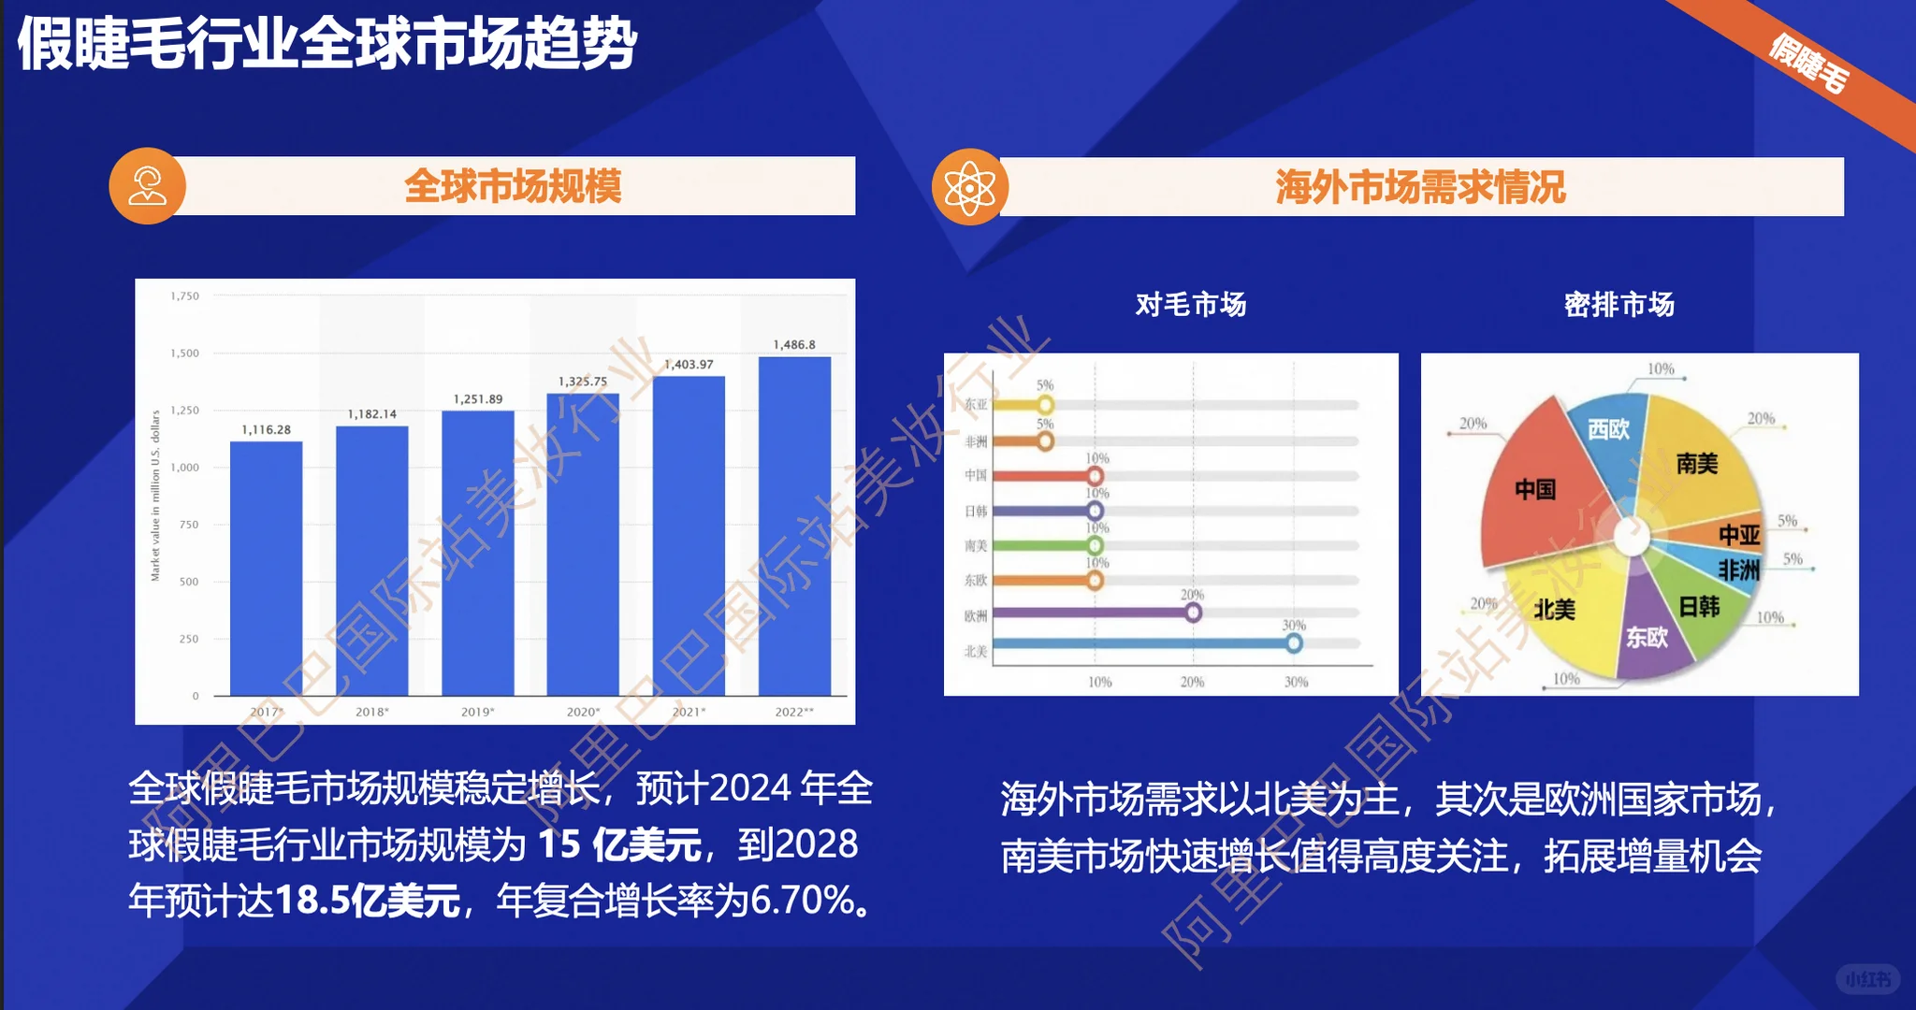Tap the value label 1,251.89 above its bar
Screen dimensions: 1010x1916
[x=478, y=399]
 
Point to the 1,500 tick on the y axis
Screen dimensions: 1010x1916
[x=185, y=353]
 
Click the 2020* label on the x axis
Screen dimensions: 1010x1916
[x=583, y=712]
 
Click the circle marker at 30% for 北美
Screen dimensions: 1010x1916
[x=1294, y=643]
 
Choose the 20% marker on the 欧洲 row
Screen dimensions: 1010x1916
[x=1193, y=613]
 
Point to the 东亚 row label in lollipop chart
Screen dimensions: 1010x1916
[x=976, y=405]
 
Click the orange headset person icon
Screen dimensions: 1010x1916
[x=148, y=186]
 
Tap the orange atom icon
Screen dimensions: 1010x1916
[x=970, y=187]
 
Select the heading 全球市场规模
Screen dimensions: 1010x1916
[x=513, y=186]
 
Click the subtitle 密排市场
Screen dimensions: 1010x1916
[x=1618, y=305]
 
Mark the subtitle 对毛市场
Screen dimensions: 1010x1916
[x=1190, y=305]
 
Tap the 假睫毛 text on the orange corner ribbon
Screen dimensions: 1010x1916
[x=1808, y=64]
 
